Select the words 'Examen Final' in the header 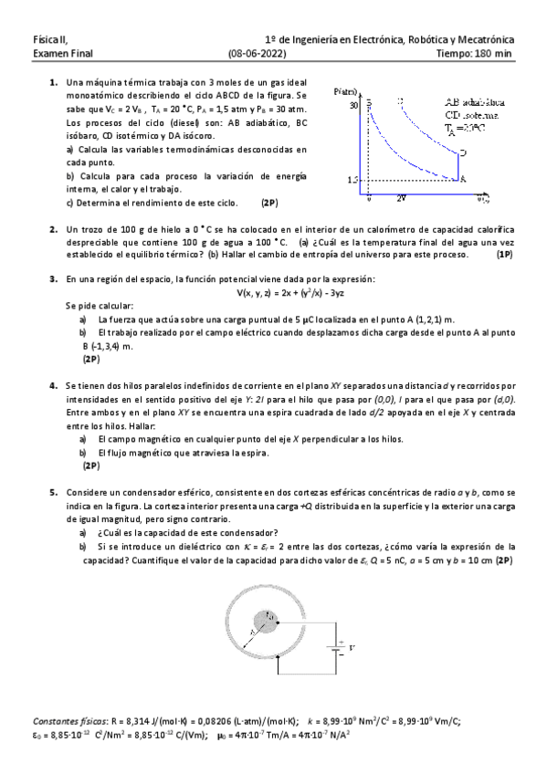tap(57, 54)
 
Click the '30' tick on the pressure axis tap(353, 106)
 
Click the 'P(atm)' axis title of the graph tap(346, 92)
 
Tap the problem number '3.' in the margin tap(53, 277)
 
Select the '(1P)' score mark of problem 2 tap(504, 256)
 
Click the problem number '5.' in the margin tap(53, 492)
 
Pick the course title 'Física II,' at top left tap(50, 41)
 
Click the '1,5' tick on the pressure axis tap(352, 180)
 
